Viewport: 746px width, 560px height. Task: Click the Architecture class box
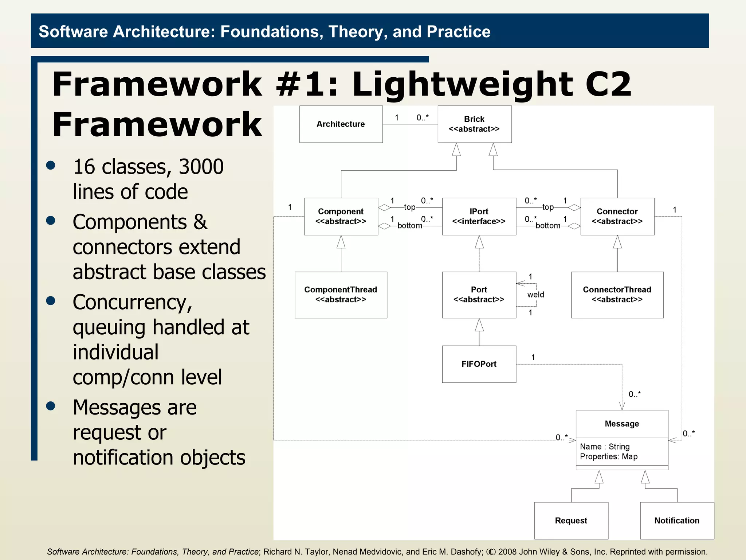point(341,124)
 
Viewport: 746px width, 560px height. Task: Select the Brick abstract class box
point(474,124)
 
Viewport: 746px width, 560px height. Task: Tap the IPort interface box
point(479,217)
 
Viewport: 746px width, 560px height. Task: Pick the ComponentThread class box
point(341,295)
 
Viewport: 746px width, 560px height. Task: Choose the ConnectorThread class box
point(617,295)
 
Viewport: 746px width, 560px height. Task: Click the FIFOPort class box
point(479,364)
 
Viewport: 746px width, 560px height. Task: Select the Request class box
point(571,520)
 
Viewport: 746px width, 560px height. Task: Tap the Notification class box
point(677,520)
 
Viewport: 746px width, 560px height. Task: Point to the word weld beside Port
point(535,295)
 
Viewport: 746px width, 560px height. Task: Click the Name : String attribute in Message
point(605,447)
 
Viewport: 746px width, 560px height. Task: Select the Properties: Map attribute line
point(609,456)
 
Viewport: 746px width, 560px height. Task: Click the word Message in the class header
point(622,424)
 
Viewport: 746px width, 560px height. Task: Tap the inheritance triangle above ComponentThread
point(341,242)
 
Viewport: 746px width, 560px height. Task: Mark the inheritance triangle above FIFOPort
point(479,325)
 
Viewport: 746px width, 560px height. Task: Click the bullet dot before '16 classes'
point(51,166)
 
